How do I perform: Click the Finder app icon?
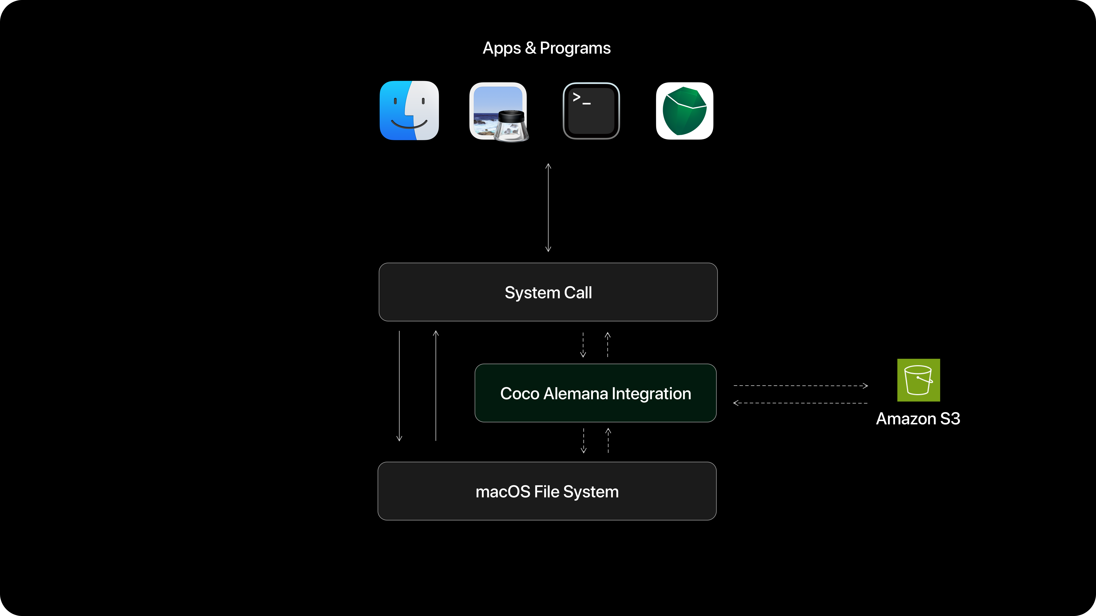coord(409,110)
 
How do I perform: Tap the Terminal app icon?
coord(591,110)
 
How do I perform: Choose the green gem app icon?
coord(684,110)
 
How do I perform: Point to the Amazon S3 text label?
coord(918,419)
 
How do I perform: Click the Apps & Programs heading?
coord(546,48)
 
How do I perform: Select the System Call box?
coord(548,292)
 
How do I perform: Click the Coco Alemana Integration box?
coord(595,393)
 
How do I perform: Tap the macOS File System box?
coord(547,491)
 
